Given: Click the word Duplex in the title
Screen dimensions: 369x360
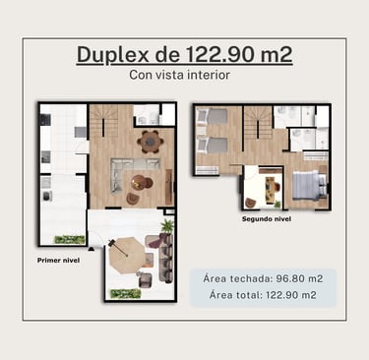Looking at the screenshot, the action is [x=113, y=54].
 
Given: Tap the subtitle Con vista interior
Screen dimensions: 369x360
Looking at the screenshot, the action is [x=179, y=75].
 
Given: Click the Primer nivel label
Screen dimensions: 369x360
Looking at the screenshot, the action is [x=58, y=261].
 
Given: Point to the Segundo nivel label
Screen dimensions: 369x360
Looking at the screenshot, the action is [x=267, y=218].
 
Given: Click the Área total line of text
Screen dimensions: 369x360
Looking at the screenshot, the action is [x=263, y=295].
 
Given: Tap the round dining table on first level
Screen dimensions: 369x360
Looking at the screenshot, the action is [x=151, y=142].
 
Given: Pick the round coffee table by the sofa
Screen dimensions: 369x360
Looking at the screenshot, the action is [x=139, y=182].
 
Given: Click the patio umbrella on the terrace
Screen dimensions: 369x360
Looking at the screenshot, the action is [x=126, y=255].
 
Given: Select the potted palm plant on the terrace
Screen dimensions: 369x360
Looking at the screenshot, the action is [x=167, y=226].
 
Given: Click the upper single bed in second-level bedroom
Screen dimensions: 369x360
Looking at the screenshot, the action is [x=213, y=117].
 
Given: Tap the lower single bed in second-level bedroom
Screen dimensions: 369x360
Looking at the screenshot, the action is [x=213, y=146].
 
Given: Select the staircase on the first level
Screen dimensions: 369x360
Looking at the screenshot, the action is [x=104, y=121].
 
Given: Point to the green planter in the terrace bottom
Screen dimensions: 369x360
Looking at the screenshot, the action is [x=125, y=294].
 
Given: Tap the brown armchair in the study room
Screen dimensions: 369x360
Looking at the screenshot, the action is [x=251, y=203].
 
